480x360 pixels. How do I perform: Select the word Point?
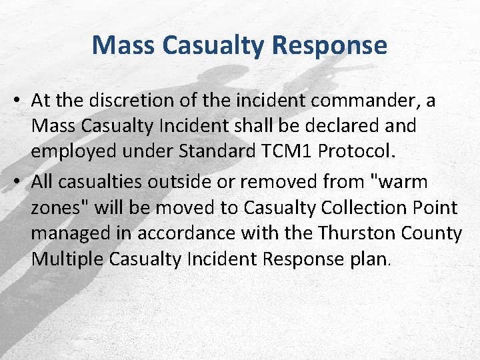[433, 207]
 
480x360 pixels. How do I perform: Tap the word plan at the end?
[370, 259]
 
